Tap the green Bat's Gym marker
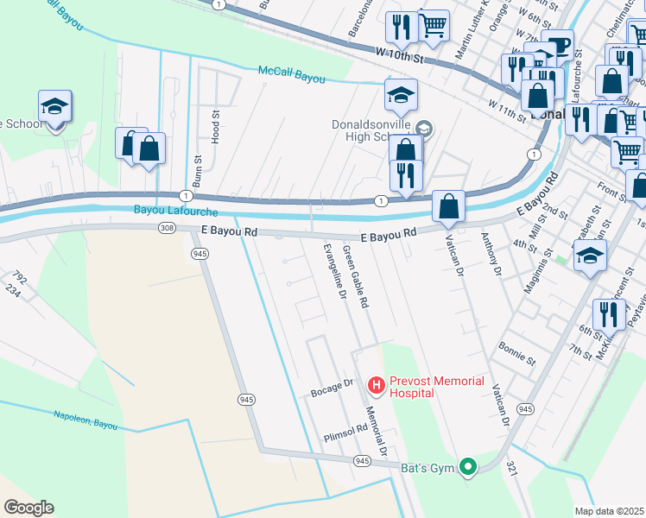[468, 468]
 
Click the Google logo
[28, 508]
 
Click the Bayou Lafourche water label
[176, 209]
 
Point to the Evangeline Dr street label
[331, 271]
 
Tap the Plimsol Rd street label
[345, 433]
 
